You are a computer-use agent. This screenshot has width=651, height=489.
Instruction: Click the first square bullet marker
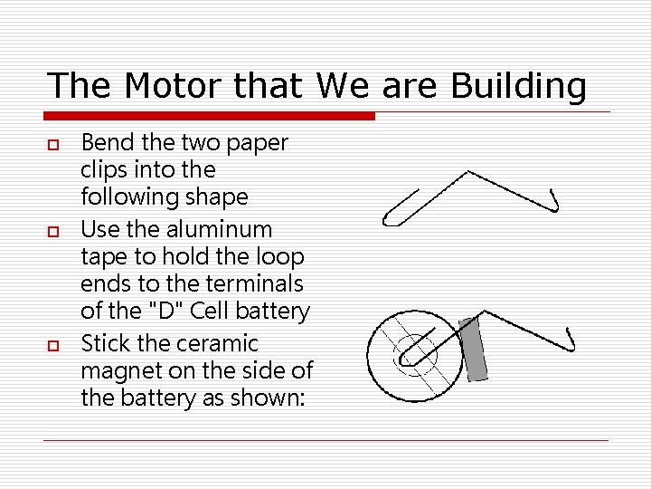53,144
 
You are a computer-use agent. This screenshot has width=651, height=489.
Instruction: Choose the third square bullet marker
53,345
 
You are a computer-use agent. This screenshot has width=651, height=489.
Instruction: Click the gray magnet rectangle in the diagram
473,349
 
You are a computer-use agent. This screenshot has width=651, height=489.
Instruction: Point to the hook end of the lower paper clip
570,340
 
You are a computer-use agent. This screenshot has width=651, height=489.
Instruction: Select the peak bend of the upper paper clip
467,170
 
